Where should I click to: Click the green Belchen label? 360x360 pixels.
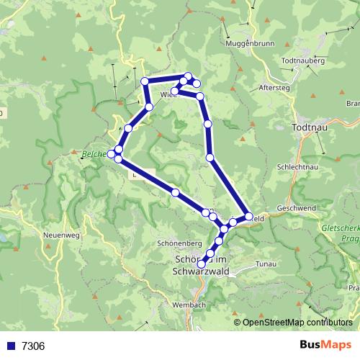pyautogui.click(x=94, y=153)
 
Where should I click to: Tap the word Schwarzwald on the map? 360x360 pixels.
pyautogui.click(x=202, y=272)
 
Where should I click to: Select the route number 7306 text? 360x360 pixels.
pyautogui.click(x=33, y=346)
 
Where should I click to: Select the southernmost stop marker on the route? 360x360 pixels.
pyautogui.click(x=202, y=263)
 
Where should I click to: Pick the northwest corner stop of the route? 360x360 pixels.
pyautogui.click(x=145, y=81)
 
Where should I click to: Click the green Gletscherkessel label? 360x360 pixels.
pyautogui.click(x=338, y=228)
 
